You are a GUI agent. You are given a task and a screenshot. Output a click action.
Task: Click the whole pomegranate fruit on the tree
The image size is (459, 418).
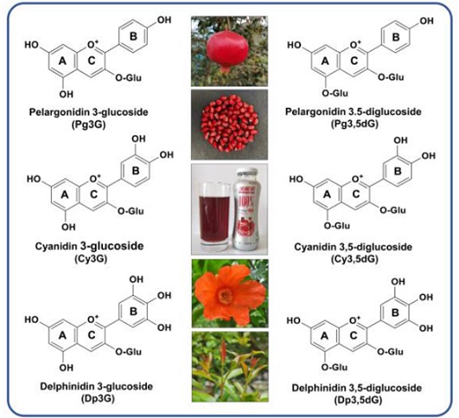pyautogui.click(x=227, y=49)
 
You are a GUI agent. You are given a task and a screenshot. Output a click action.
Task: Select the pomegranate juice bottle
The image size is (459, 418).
pyautogui.click(x=247, y=209)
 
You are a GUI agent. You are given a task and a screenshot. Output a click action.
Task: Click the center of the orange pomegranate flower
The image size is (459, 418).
pyautogui.click(x=226, y=295)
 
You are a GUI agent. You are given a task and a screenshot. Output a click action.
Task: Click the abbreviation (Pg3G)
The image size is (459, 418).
pyautogui.click(x=88, y=125)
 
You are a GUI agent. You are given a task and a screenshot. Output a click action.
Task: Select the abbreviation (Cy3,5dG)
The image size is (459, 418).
pyautogui.click(x=354, y=259)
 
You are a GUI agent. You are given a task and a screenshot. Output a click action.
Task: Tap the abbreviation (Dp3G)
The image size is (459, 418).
pyautogui.click(x=97, y=399)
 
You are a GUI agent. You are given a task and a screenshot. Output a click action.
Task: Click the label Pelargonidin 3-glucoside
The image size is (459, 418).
pyautogui.click(x=88, y=112)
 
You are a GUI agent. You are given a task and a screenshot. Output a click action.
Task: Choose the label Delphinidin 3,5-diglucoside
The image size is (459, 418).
pyautogui.click(x=357, y=388)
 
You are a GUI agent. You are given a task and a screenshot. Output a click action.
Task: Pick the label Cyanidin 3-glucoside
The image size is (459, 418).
pyautogui.click(x=89, y=246)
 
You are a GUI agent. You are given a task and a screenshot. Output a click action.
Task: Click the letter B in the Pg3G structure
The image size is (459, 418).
pyautogui.click(x=133, y=36)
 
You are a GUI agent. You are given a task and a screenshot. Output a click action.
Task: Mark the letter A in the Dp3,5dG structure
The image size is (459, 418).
pyautogui.click(x=324, y=336)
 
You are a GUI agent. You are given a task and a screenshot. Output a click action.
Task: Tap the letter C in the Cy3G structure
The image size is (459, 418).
pyautogui.click(x=93, y=194)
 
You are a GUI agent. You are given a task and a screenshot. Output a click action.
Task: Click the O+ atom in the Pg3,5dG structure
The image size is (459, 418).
pyautogui.click(x=355, y=44)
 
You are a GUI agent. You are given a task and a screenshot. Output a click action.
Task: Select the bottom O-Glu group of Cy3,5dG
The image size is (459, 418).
pyautogui.click(x=337, y=226)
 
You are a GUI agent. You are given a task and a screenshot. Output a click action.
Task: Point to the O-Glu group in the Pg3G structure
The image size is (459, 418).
pyautogui.click(x=128, y=78)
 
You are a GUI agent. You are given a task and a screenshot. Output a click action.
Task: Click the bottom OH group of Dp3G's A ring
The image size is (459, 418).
pyautogui.click(x=67, y=367)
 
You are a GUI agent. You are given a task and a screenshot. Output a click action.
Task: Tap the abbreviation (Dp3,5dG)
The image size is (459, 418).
pyautogui.click(x=358, y=400)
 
